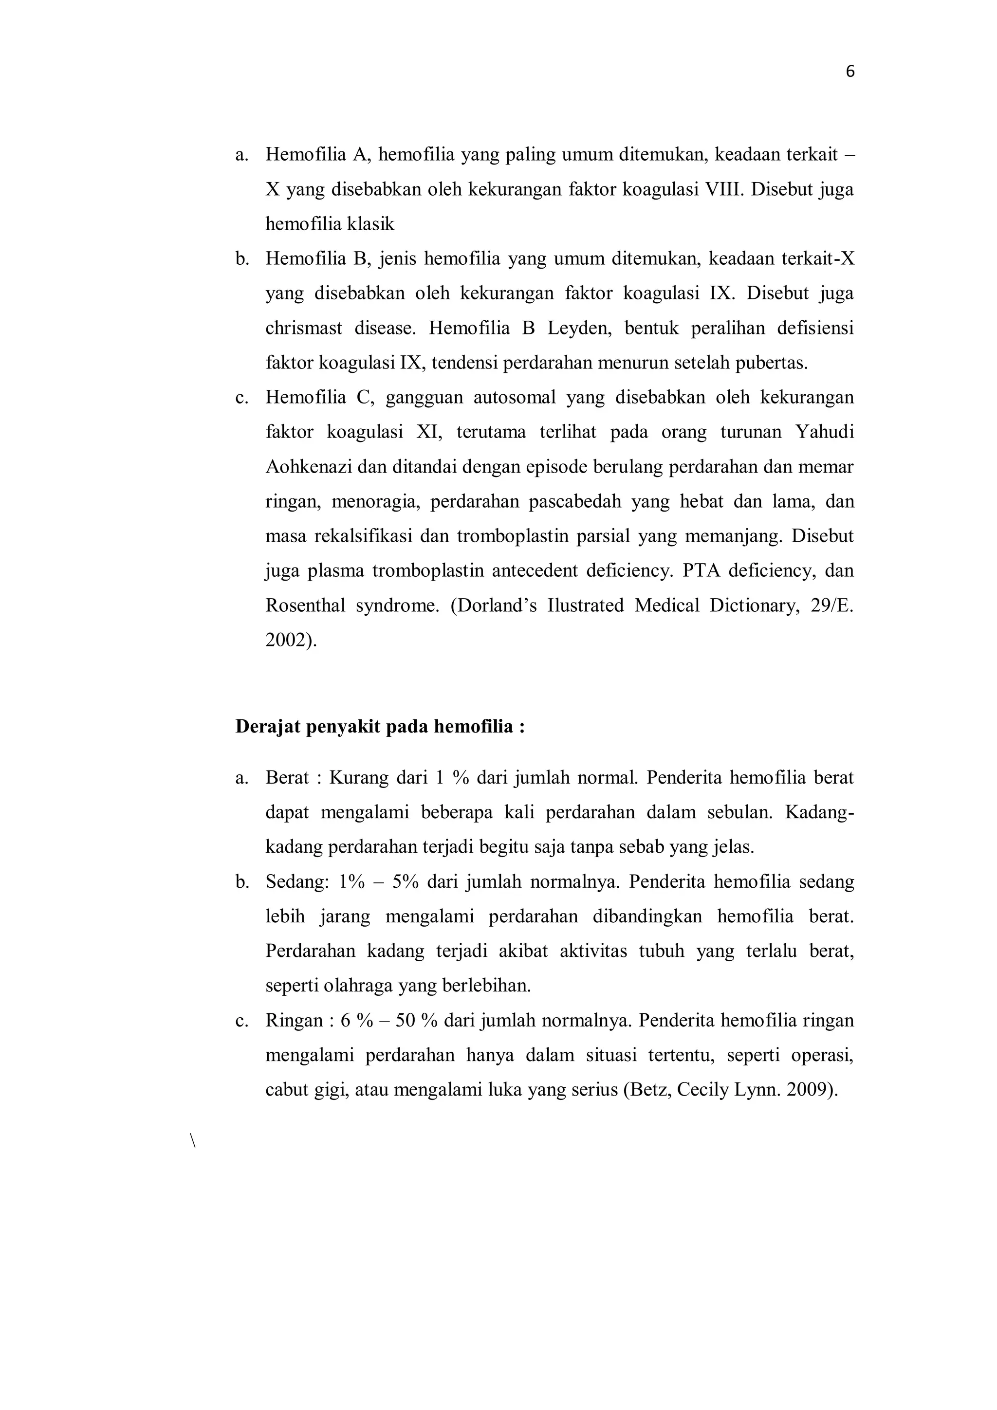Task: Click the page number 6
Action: (849, 72)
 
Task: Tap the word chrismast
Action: (303, 329)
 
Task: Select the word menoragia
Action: (375, 502)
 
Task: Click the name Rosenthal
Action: (305, 606)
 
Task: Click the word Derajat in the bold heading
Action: (268, 727)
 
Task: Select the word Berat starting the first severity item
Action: (287, 779)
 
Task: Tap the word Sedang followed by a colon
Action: (292, 883)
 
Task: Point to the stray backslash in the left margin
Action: (193, 1142)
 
